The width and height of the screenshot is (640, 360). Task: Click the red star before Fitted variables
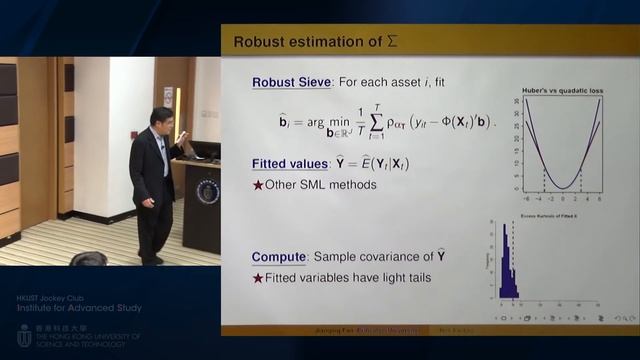(x=258, y=277)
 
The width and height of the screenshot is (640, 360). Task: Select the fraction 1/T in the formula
(x=352, y=121)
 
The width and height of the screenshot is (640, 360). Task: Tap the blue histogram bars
(x=505, y=270)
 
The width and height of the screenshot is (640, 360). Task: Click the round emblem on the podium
(x=207, y=190)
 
